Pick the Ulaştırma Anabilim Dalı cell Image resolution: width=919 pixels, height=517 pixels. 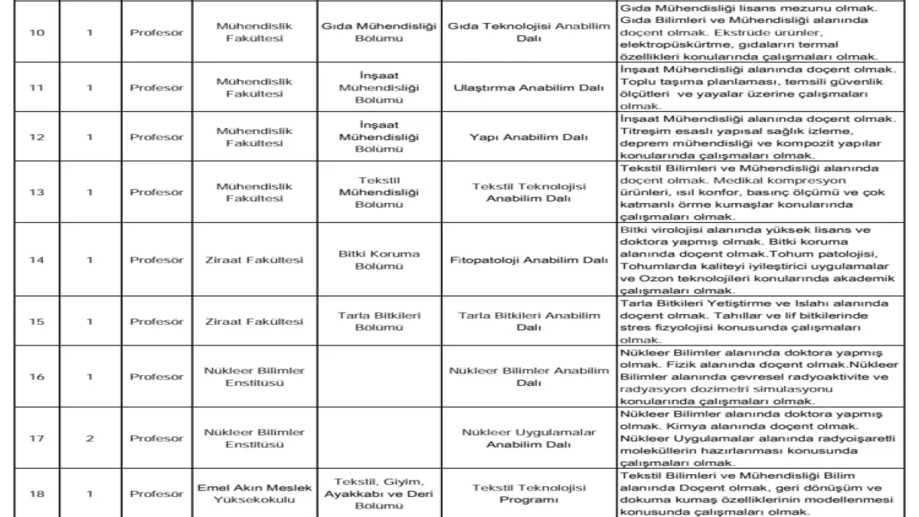528,87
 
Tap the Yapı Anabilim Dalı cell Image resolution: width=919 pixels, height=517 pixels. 528,137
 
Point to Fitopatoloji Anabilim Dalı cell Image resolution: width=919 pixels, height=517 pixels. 528,260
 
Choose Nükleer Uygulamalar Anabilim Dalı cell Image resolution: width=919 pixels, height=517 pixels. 528,439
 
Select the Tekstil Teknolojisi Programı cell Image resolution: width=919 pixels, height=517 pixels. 528,494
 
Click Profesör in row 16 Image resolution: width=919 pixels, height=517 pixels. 156,377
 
